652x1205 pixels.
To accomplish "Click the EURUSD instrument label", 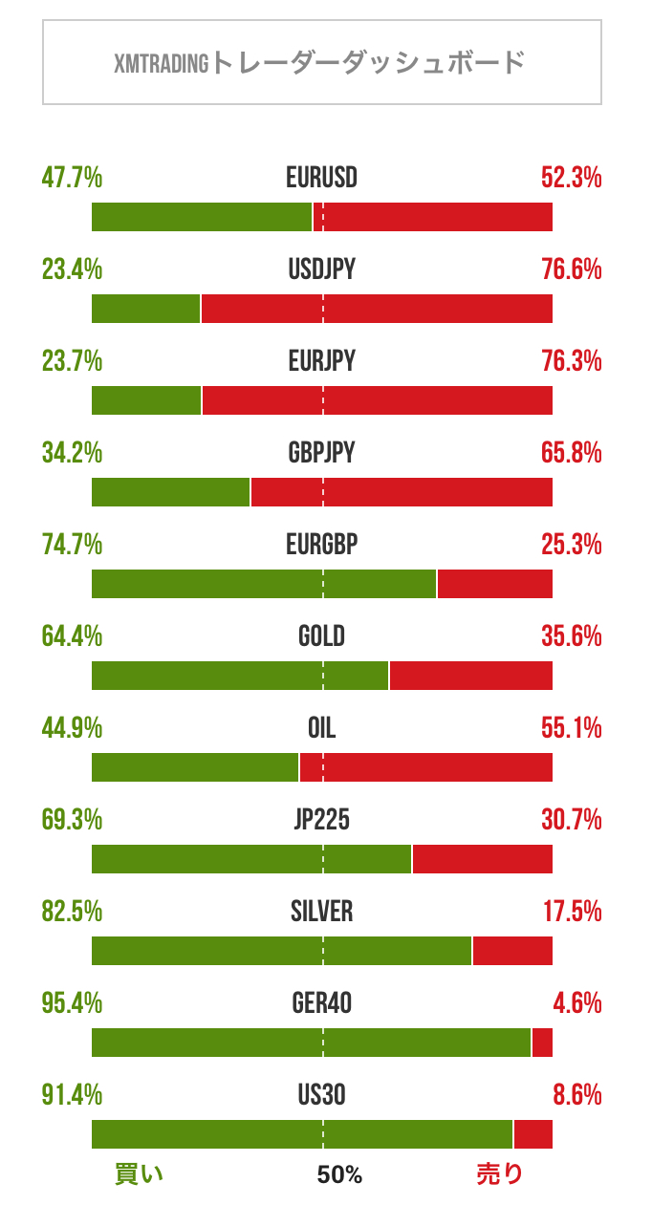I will click(321, 178).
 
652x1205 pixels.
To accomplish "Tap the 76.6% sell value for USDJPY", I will click(571, 269).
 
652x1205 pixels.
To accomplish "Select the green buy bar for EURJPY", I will click(146, 400).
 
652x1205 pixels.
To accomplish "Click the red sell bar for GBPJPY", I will click(402, 492).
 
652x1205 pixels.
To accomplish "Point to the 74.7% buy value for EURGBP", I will click(73, 545).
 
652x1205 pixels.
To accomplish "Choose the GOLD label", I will click(321, 636).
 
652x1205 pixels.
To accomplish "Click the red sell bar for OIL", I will click(425, 767).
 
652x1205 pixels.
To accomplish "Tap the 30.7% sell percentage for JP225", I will click(571, 820).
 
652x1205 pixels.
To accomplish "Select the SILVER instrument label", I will click(321, 912).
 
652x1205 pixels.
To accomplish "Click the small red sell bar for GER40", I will click(542, 1043).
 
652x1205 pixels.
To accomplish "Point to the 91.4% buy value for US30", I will click(73, 1095).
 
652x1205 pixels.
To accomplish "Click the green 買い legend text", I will click(140, 1174).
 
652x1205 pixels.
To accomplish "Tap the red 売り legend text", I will click(500, 1174).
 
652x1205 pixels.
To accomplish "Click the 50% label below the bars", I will click(339, 1175).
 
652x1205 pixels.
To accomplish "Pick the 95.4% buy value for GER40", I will click(73, 1003).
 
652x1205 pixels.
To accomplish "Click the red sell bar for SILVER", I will click(512, 951).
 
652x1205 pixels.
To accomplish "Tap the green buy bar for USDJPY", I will click(145, 309).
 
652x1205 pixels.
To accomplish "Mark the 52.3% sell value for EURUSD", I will click(571, 178).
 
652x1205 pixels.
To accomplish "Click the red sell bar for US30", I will click(533, 1134).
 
